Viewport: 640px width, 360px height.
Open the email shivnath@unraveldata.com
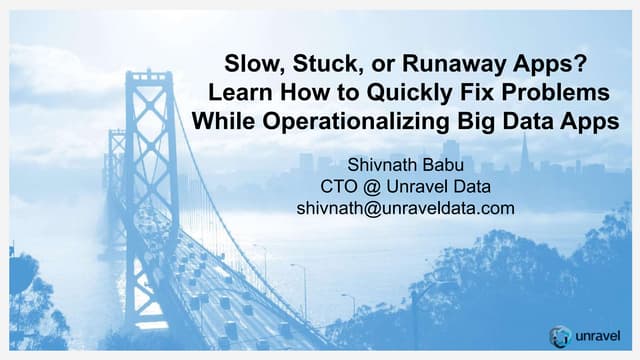point(405,208)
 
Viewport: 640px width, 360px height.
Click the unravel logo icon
point(561,335)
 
